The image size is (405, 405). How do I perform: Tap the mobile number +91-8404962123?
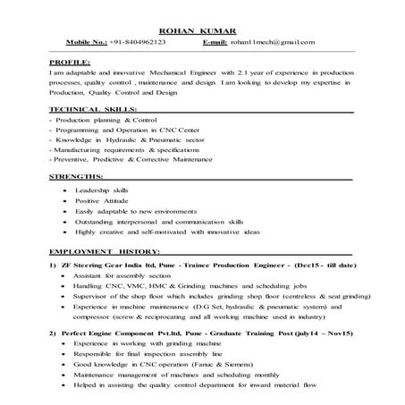(135, 42)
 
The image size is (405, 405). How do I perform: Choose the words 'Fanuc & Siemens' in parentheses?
(220, 365)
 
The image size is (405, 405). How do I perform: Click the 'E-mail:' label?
(214, 42)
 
